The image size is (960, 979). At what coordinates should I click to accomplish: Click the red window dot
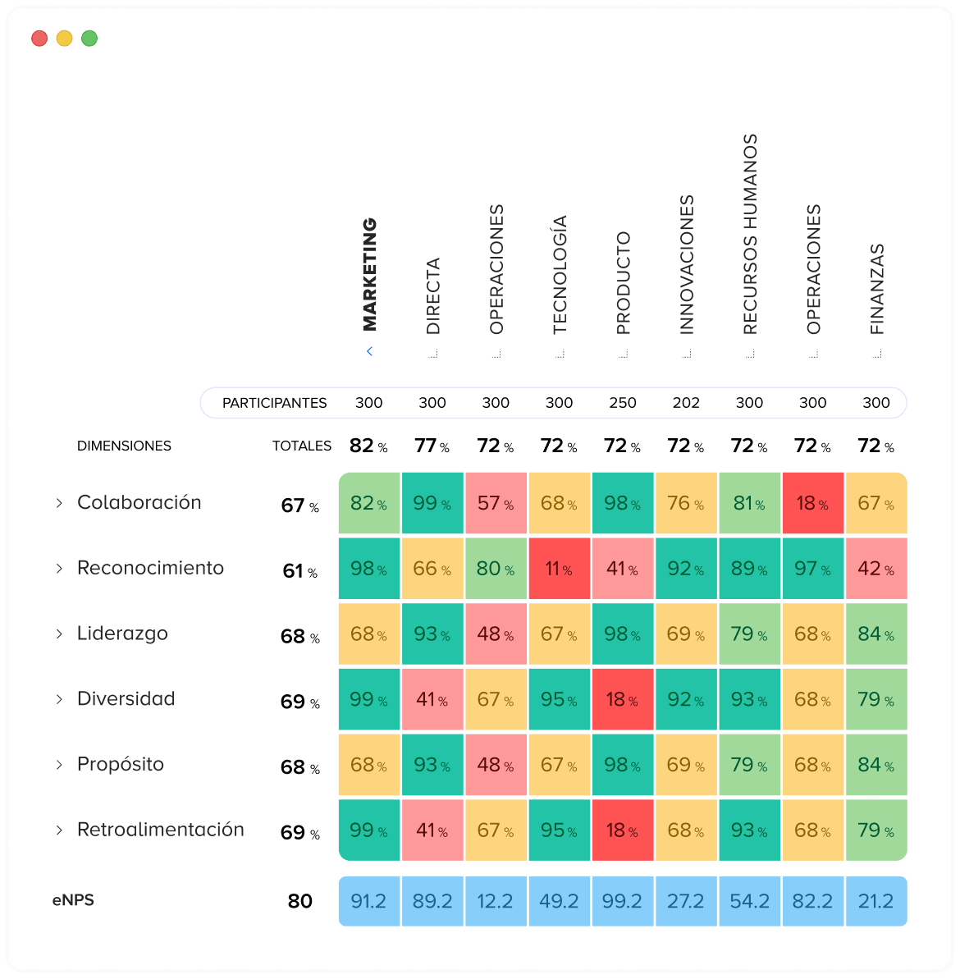point(39,39)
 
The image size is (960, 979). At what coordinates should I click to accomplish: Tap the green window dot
point(89,39)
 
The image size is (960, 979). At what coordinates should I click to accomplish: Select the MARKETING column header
point(369,274)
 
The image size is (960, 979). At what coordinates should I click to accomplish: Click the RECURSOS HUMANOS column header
point(750,234)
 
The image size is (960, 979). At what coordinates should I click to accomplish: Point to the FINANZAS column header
point(876,289)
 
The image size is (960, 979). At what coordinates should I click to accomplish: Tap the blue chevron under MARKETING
point(369,351)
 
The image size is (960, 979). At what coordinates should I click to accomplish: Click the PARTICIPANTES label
point(274,404)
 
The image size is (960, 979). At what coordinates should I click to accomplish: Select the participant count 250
point(622,404)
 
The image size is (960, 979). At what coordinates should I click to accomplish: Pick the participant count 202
point(685,404)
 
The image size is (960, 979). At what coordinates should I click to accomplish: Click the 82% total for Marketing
point(368,446)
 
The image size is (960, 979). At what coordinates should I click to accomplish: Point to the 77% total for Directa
point(432,446)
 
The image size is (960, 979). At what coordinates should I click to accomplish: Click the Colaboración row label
point(139,502)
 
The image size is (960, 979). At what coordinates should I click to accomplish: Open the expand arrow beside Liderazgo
point(59,634)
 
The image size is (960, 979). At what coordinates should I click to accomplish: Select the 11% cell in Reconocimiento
point(560,569)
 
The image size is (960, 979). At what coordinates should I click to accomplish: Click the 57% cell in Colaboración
point(496,503)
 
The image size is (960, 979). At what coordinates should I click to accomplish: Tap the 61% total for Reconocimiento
point(300,570)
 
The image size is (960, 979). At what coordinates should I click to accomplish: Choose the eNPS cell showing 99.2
point(622,901)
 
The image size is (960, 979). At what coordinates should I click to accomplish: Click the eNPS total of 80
point(299,901)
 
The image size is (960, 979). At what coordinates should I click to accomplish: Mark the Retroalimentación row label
point(161,830)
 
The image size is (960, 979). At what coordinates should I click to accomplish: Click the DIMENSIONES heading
point(124,446)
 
